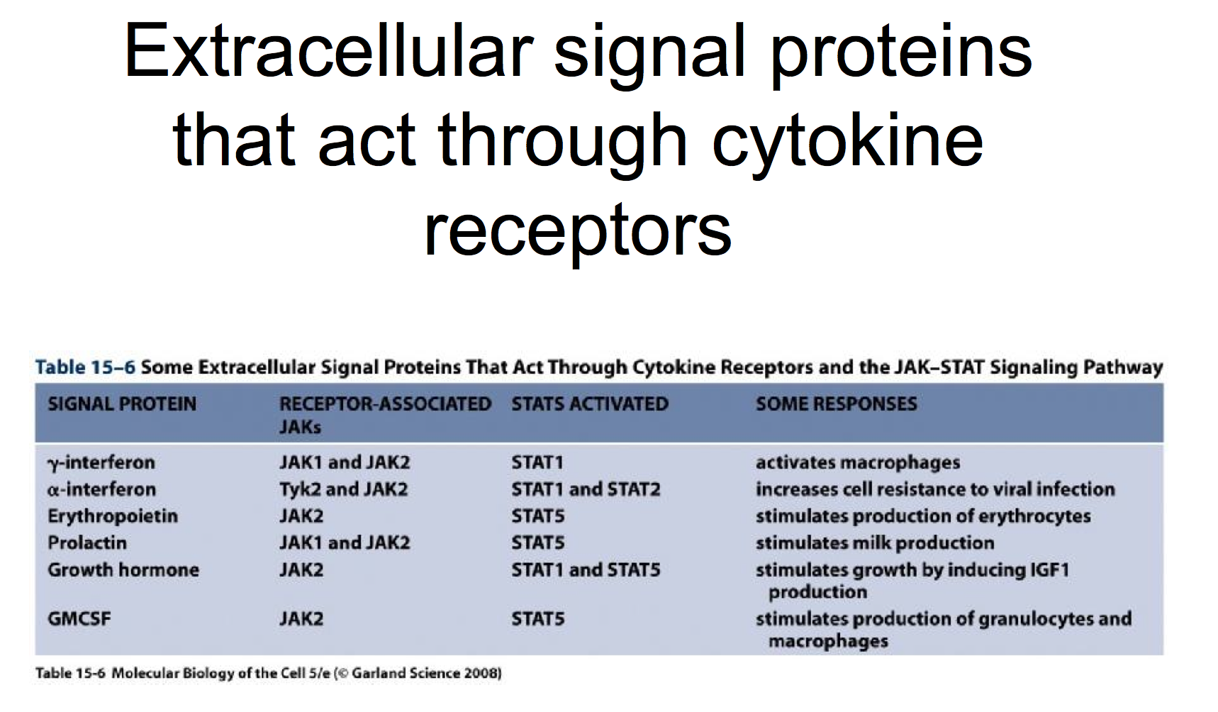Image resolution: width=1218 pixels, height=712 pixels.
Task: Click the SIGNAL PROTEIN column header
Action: (122, 404)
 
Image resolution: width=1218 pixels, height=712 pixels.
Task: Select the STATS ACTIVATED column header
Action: (590, 404)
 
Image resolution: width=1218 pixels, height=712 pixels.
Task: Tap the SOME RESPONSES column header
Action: (837, 404)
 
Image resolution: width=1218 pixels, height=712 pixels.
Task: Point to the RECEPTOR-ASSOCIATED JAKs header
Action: (385, 416)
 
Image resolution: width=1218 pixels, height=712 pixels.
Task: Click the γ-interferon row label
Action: (101, 463)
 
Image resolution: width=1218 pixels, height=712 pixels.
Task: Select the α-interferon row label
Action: (102, 489)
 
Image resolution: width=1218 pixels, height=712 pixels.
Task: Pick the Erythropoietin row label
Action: (113, 516)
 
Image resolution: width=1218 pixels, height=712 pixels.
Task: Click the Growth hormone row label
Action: (123, 570)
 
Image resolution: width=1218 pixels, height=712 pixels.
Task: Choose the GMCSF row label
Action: (79, 619)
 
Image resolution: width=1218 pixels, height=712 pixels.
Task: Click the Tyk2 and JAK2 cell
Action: (344, 489)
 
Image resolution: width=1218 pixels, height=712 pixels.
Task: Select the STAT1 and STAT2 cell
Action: (586, 489)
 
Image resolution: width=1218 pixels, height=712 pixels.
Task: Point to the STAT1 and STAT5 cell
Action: (586, 570)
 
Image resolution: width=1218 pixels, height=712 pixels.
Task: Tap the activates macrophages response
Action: (858, 463)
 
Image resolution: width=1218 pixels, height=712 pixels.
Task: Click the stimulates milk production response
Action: (875, 543)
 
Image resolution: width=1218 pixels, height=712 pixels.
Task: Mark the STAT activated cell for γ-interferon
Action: (537, 463)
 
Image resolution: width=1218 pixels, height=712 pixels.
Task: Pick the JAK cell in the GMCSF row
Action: (301, 619)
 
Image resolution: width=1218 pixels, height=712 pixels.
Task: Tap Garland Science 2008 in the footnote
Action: (425, 673)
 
